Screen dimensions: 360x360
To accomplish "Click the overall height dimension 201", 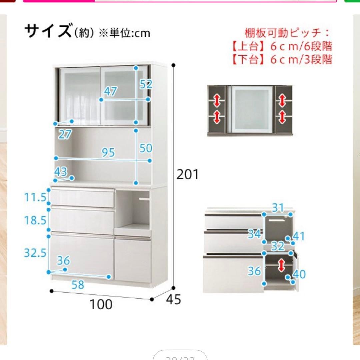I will [x=187, y=174].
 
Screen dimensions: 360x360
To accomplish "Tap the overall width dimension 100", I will [x=101, y=304].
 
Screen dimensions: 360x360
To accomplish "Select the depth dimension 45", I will [x=173, y=300].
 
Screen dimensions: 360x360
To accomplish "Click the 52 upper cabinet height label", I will [x=146, y=84].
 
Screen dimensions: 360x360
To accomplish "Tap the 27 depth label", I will [x=65, y=134].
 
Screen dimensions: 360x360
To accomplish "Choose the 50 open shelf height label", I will [x=146, y=148].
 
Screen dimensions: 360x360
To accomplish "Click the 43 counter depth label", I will [x=61, y=172].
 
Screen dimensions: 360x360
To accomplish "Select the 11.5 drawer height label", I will [x=35, y=197].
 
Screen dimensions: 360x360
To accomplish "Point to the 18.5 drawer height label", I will [x=35, y=220].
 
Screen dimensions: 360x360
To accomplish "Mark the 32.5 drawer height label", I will [x=35, y=253].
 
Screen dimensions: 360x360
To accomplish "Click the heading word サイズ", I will [x=48, y=31].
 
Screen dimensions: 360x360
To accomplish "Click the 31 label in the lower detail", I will [x=277, y=208].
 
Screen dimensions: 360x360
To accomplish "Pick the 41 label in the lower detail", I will [x=299, y=236].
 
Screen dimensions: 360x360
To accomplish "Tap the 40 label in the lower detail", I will [x=299, y=274].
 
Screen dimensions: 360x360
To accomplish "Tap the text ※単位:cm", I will [x=124, y=33].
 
